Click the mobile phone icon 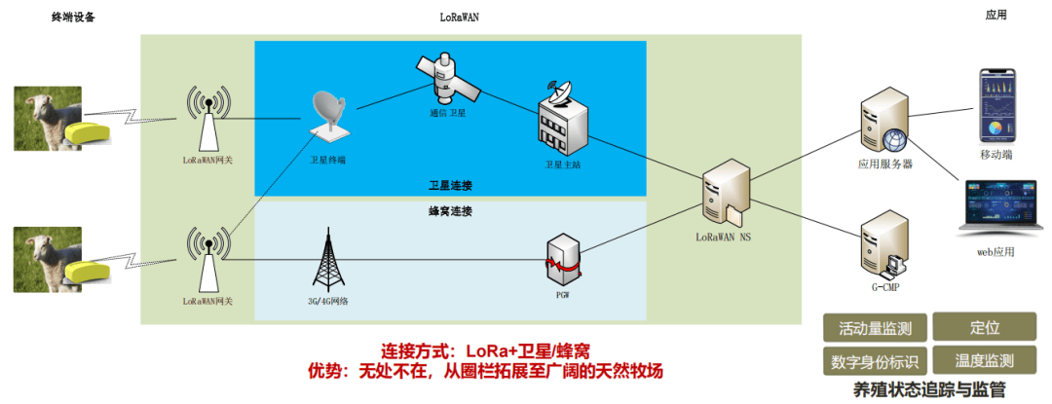(x=996, y=106)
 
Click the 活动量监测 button (x=874, y=327)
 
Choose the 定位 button (x=985, y=327)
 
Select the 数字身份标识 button (x=874, y=360)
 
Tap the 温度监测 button (x=985, y=360)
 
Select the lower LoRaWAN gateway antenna (x=207, y=259)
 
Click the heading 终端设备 (x=73, y=17)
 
